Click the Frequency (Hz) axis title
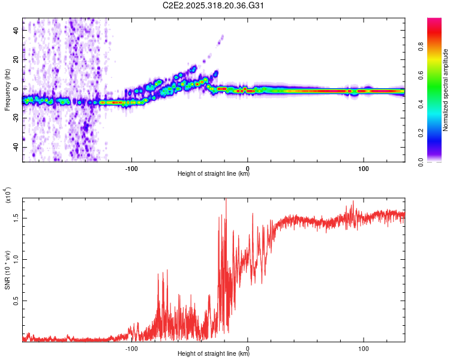[7, 90]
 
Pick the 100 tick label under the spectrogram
[363, 168]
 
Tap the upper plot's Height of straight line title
[214, 174]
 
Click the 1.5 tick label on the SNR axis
[17, 218]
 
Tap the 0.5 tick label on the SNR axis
[17, 301]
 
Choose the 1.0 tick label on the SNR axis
[17, 259]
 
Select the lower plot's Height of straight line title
[214, 355]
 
